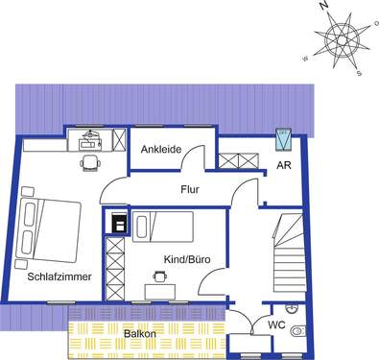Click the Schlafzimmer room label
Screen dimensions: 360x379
pos(59,276)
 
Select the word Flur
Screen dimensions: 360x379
pos(189,190)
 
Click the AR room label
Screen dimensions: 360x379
pos(284,165)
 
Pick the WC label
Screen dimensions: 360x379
pos(275,325)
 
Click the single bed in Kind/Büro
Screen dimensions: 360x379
pos(163,228)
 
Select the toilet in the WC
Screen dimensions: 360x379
pos(300,332)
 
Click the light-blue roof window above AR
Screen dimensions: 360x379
pos(283,140)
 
